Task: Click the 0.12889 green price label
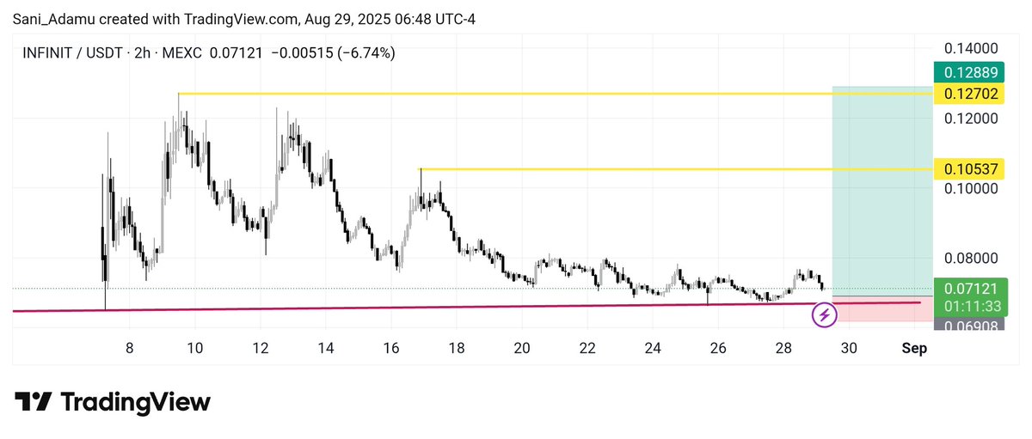pyautogui.click(x=969, y=72)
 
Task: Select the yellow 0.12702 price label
pyautogui.click(x=969, y=94)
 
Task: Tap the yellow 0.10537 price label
pyautogui.click(x=969, y=169)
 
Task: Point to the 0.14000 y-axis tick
pyautogui.click(x=971, y=48)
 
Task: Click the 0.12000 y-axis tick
pyautogui.click(x=971, y=119)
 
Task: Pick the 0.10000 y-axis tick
pyautogui.click(x=971, y=188)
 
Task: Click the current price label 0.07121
pyautogui.click(x=971, y=289)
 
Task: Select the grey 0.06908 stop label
pyautogui.click(x=969, y=326)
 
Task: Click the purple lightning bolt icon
pyautogui.click(x=824, y=316)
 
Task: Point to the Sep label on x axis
pyautogui.click(x=914, y=348)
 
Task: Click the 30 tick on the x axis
pyautogui.click(x=849, y=348)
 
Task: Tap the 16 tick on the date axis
pyautogui.click(x=391, y=348)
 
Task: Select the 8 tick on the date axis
pyautogui.click(x=129, y=348)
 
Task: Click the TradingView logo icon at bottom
pyautogui.click(x=33, y=402)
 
